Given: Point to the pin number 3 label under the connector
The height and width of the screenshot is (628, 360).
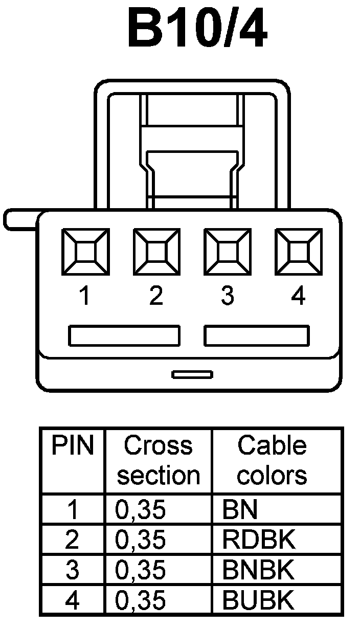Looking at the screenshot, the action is coord(227,296).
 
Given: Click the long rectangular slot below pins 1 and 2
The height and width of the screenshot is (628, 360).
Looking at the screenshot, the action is coord(124,335).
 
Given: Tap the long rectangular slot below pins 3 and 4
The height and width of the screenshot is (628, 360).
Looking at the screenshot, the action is coord(257,335).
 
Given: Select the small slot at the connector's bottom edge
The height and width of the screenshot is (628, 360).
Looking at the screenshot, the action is coord(192,375).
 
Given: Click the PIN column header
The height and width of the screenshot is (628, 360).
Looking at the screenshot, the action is coord(73,446).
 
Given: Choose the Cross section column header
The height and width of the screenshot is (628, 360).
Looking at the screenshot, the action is coord(158,461).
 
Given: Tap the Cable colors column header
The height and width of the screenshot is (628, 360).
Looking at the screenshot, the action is coord(272,461).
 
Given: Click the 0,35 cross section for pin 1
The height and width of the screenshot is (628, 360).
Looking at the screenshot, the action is coord(141,510).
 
